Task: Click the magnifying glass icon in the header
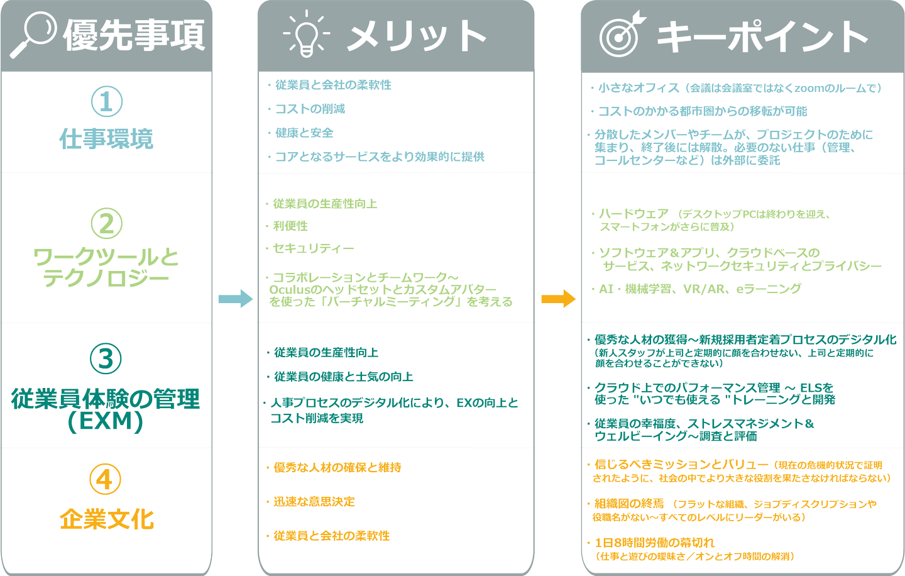point(33,35)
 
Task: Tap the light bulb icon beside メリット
point(306,34)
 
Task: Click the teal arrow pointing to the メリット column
point(236,299)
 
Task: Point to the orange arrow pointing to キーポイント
point(558,298)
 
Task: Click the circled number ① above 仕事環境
point(106,102)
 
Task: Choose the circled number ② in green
point(106,223)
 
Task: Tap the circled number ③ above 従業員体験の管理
point(106,358)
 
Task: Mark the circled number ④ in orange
point(105,480)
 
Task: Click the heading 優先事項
point(134,35)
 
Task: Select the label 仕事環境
point(106,139)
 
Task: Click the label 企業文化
point(106,520)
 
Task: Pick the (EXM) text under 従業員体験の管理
point(106,421)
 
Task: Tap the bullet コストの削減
point(310,109)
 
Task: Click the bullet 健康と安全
point(304,133)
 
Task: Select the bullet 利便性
point(290,226)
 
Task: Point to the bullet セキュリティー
point(313,248)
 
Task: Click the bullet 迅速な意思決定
point(314,502)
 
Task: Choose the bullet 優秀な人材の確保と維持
point(337,468)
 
